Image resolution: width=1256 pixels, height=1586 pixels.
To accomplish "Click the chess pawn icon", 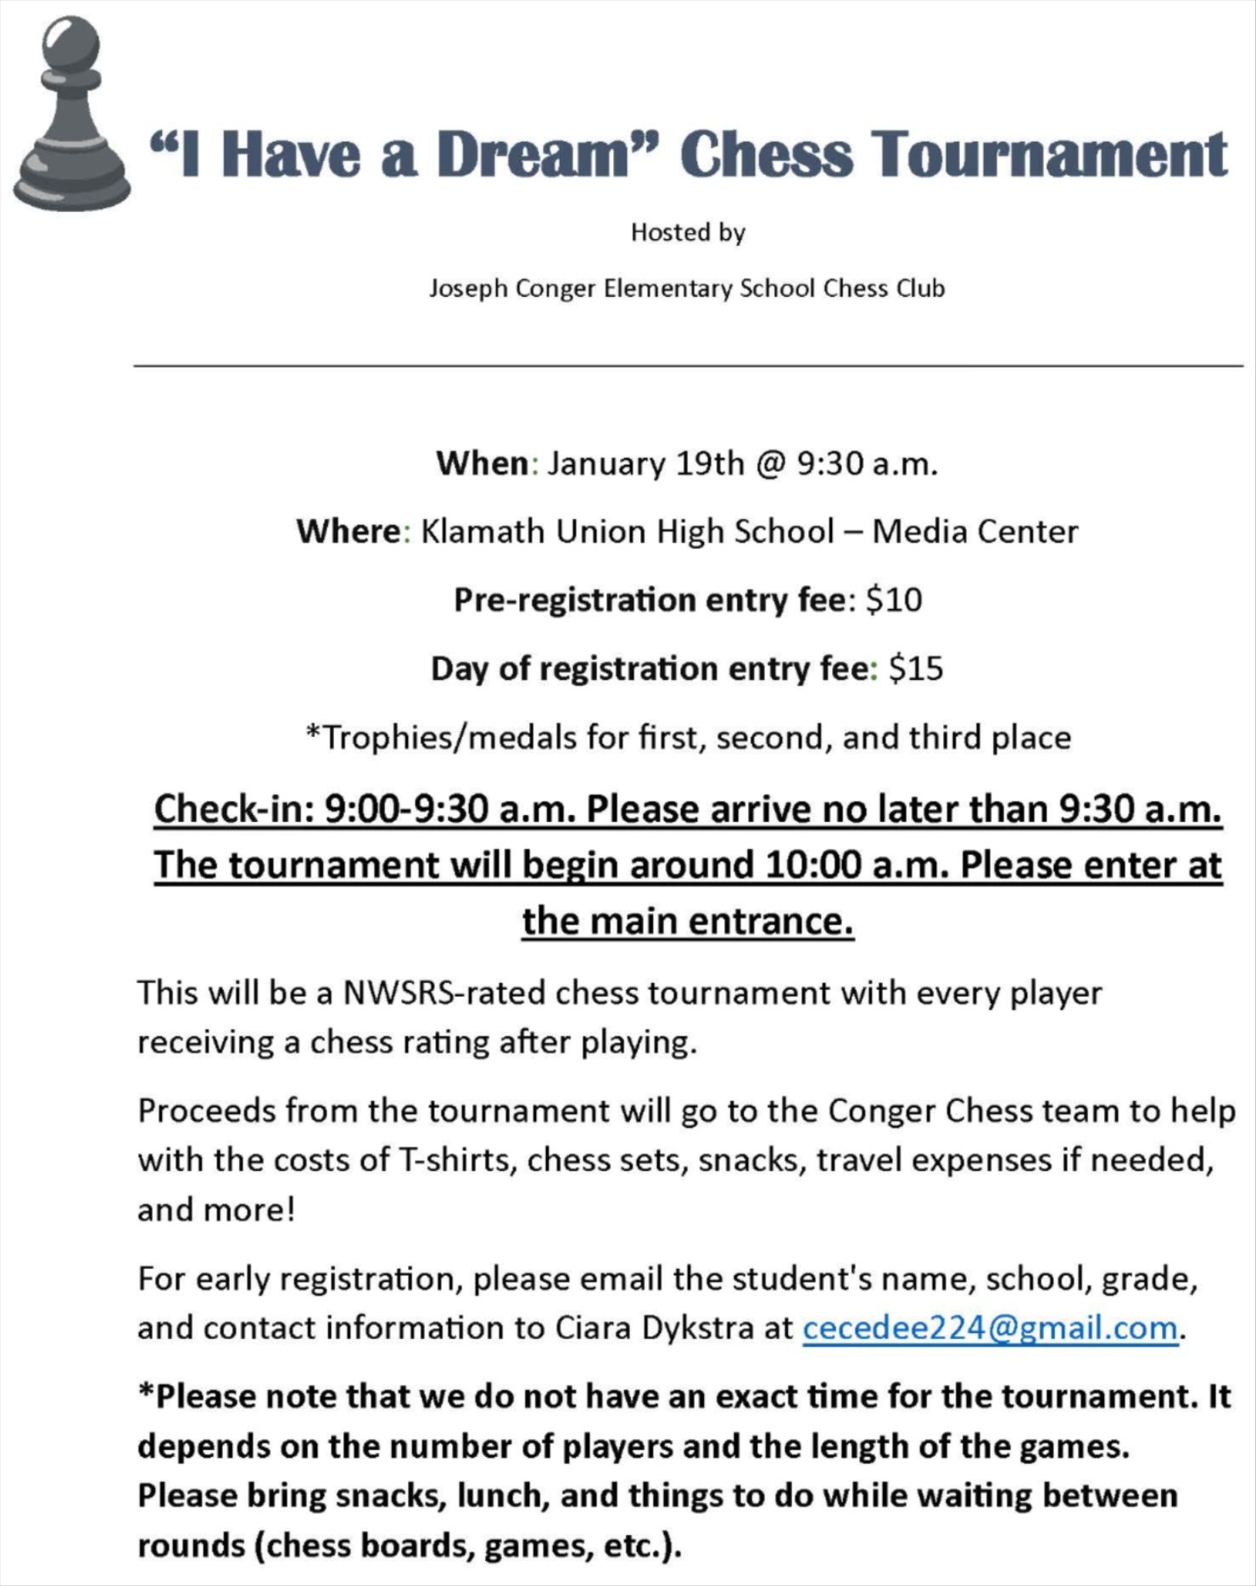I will (x=71, y=114).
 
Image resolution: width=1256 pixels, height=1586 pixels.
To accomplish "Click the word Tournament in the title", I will (x=1052, y=154).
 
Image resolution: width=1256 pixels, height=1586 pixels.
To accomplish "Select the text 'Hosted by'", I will (x=687, y=232).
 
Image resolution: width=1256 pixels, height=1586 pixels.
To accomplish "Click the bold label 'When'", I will (x=483, y=464).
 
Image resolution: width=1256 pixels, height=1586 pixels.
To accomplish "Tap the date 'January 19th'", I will (x=645, y=464).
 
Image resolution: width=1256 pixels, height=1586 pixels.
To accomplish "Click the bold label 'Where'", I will (x=348, y=532).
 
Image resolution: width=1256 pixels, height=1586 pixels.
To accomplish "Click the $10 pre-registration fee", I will (x=893, y=600).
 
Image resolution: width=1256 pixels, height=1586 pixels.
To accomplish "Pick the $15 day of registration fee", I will (x=915, y=669).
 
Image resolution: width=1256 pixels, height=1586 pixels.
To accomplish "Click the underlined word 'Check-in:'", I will (x=235, y=809).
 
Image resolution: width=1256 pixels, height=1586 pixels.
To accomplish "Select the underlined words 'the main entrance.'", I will (x=687, y=921).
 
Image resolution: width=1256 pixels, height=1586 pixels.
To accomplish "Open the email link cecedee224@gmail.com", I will (x=990, y=1328).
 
